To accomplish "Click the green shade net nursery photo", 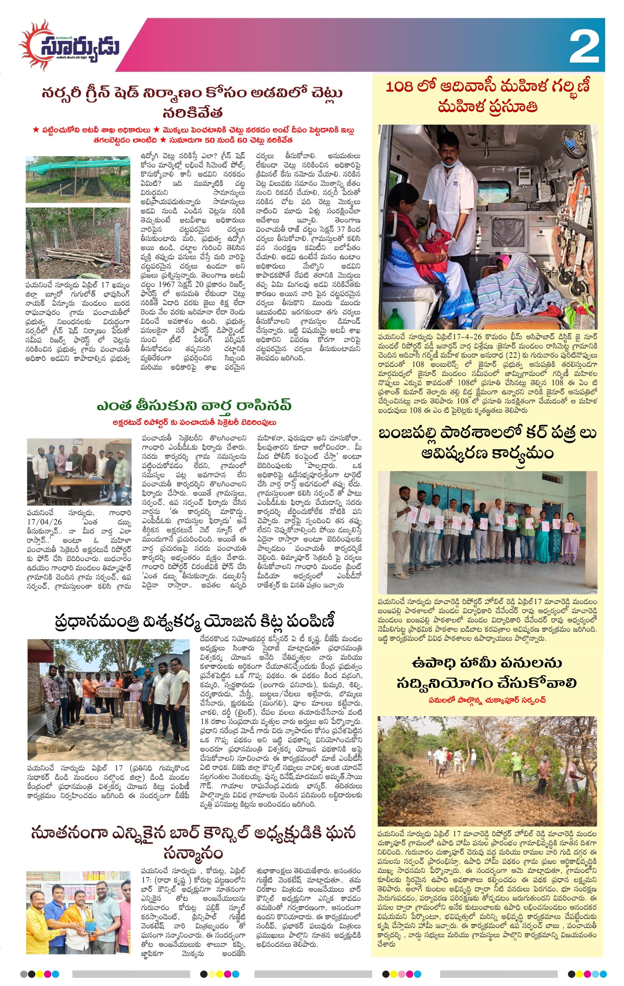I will click(x=78, y=179).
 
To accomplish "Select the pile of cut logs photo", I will click(x=78, y=242).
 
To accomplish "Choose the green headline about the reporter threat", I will click(x=194, y=405).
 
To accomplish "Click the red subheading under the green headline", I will click(x=194, y=422).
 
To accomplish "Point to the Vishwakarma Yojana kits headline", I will click(x=194, y=621).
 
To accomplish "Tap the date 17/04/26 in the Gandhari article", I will click(x=43, y=522).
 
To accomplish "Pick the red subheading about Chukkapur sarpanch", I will click(x=487, y=700).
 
